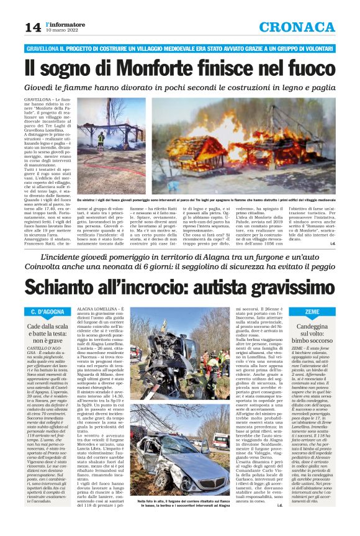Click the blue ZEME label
(313, 311)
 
